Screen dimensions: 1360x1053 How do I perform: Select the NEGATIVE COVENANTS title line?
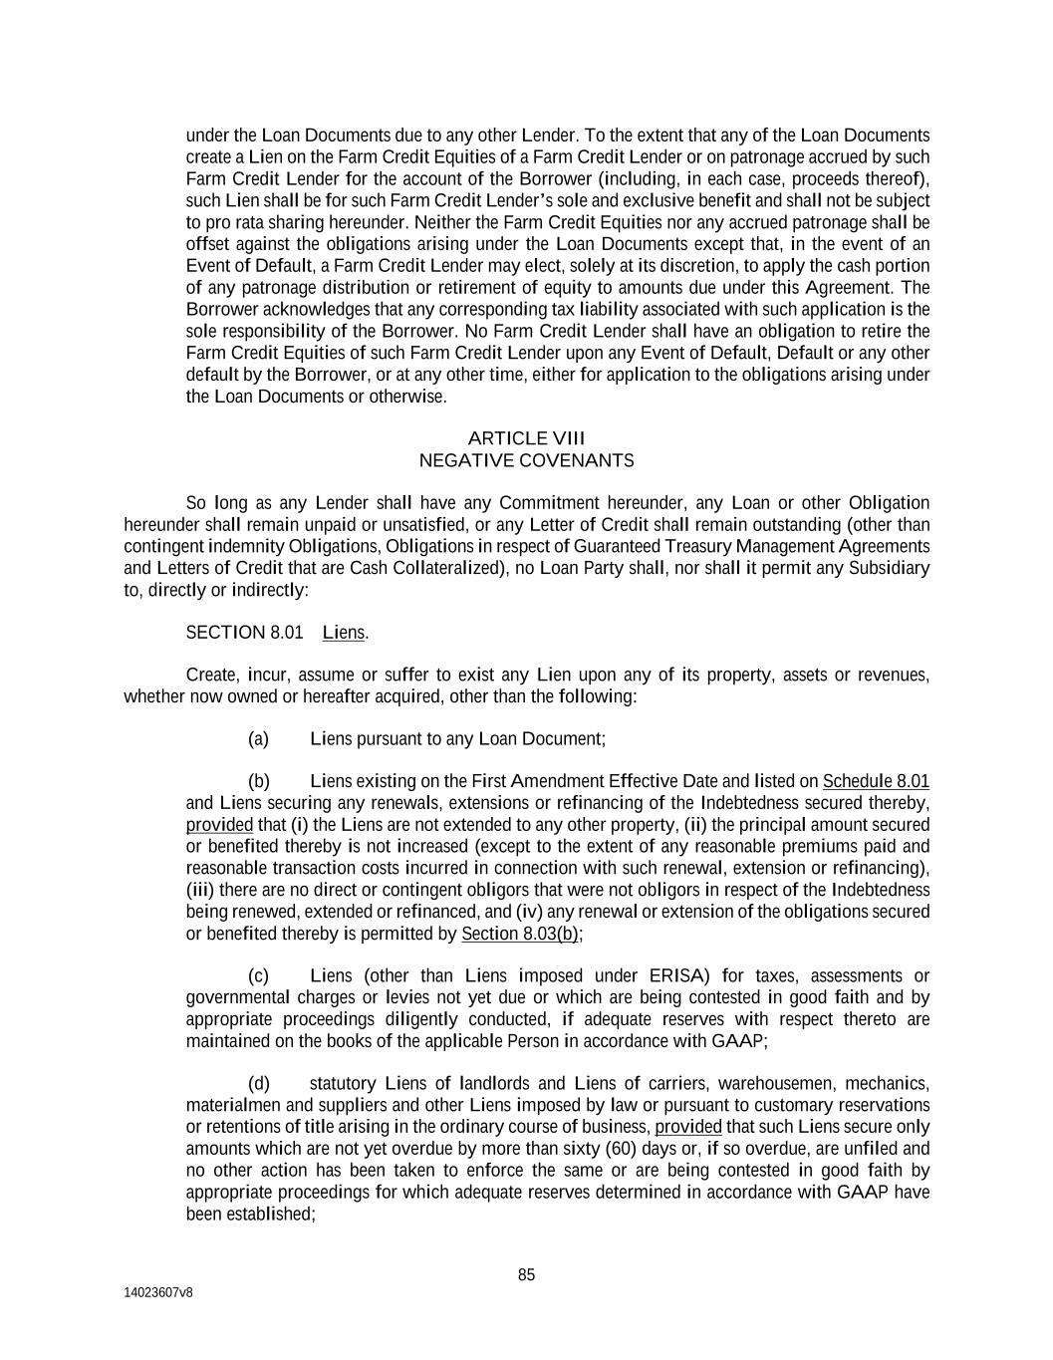pyautogui.click(x=526, y=460)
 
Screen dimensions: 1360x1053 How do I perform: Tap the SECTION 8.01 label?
pyautogui.click(x=244, y=633)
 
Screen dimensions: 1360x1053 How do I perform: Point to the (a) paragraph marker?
pyautogui.click(x=258, y=738)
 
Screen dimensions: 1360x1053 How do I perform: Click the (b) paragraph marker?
pyautogui.click(x=258, y=781)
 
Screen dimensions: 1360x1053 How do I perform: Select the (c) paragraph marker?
pyautogui.click(x=258, y=975)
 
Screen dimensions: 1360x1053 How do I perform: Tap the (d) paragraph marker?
pyautogui.click(x=258, y=1083)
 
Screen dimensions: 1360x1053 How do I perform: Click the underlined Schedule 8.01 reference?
pyautogui.click(x=876, y=781)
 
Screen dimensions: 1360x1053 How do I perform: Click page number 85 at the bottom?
pyautogui.click(x=526, y=1275)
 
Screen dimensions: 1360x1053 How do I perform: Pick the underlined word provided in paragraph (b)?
pyautogui.click(x=219, y=825)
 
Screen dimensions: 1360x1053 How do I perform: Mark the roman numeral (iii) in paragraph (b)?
pyautogui.click(x=200, y=890)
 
